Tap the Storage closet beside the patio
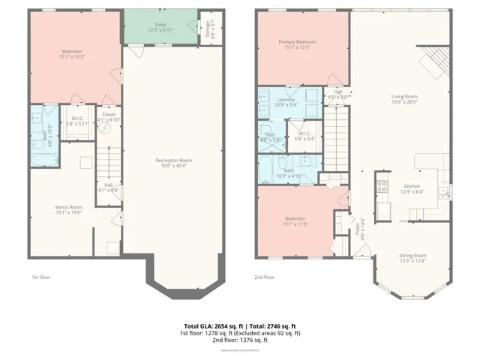[208, 28]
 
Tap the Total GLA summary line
[240, 325]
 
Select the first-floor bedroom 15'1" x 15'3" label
[73, 55]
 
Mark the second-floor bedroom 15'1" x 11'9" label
[295, 221]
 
